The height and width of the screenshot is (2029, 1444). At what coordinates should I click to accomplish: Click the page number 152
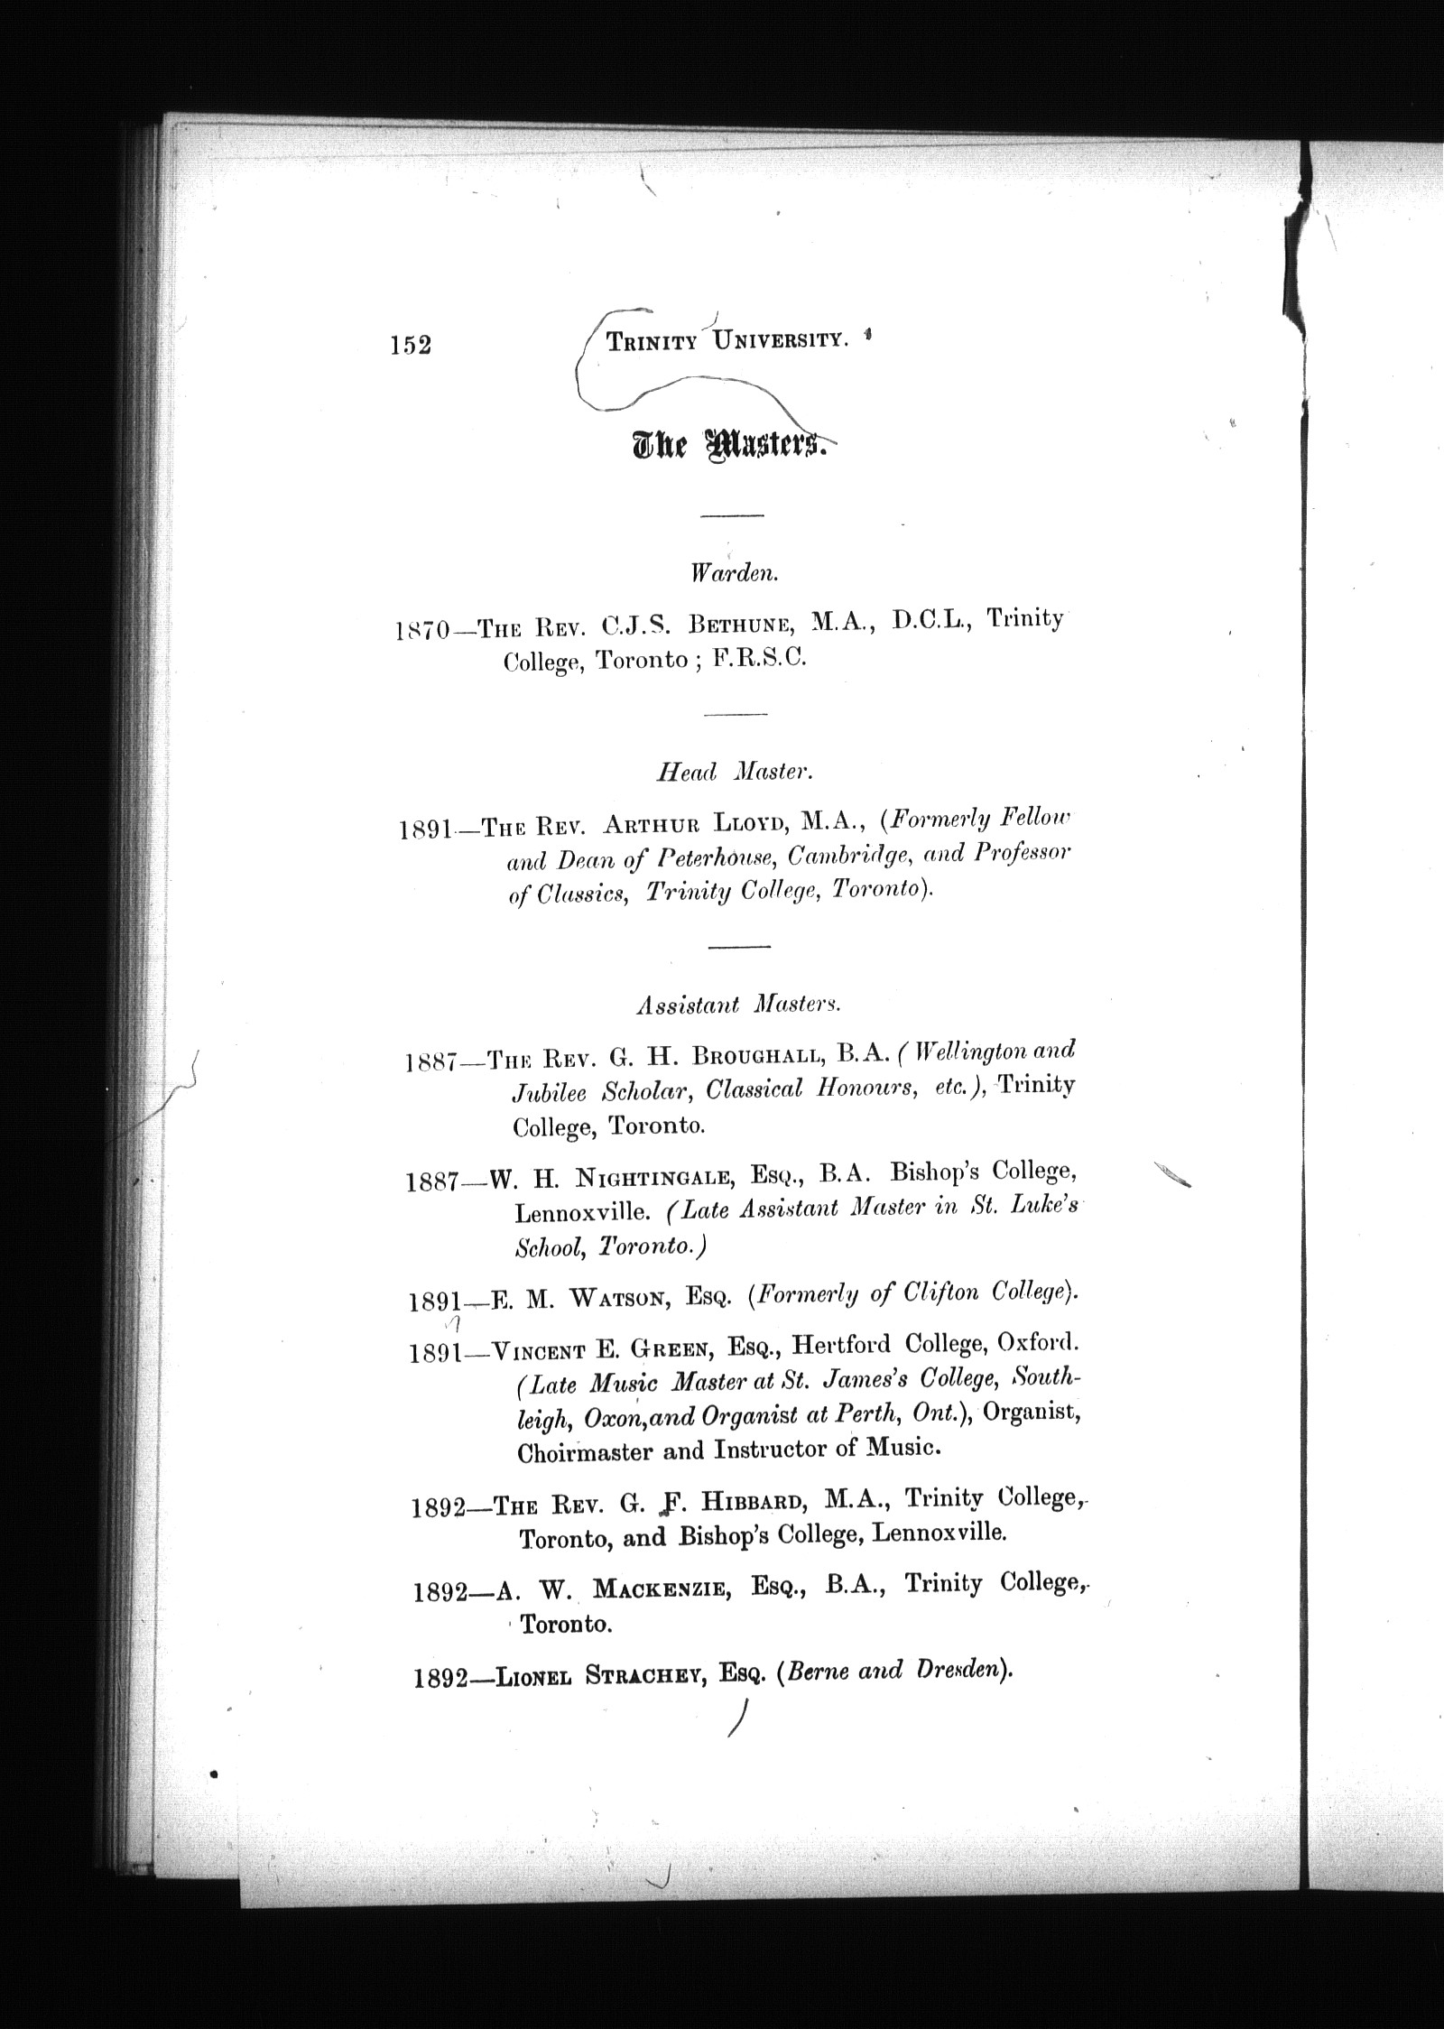point(411,346)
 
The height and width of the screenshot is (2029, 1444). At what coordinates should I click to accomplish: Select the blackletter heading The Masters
point(730,445)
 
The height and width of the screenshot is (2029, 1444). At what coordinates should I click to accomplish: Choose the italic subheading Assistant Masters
point(738,1005)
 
